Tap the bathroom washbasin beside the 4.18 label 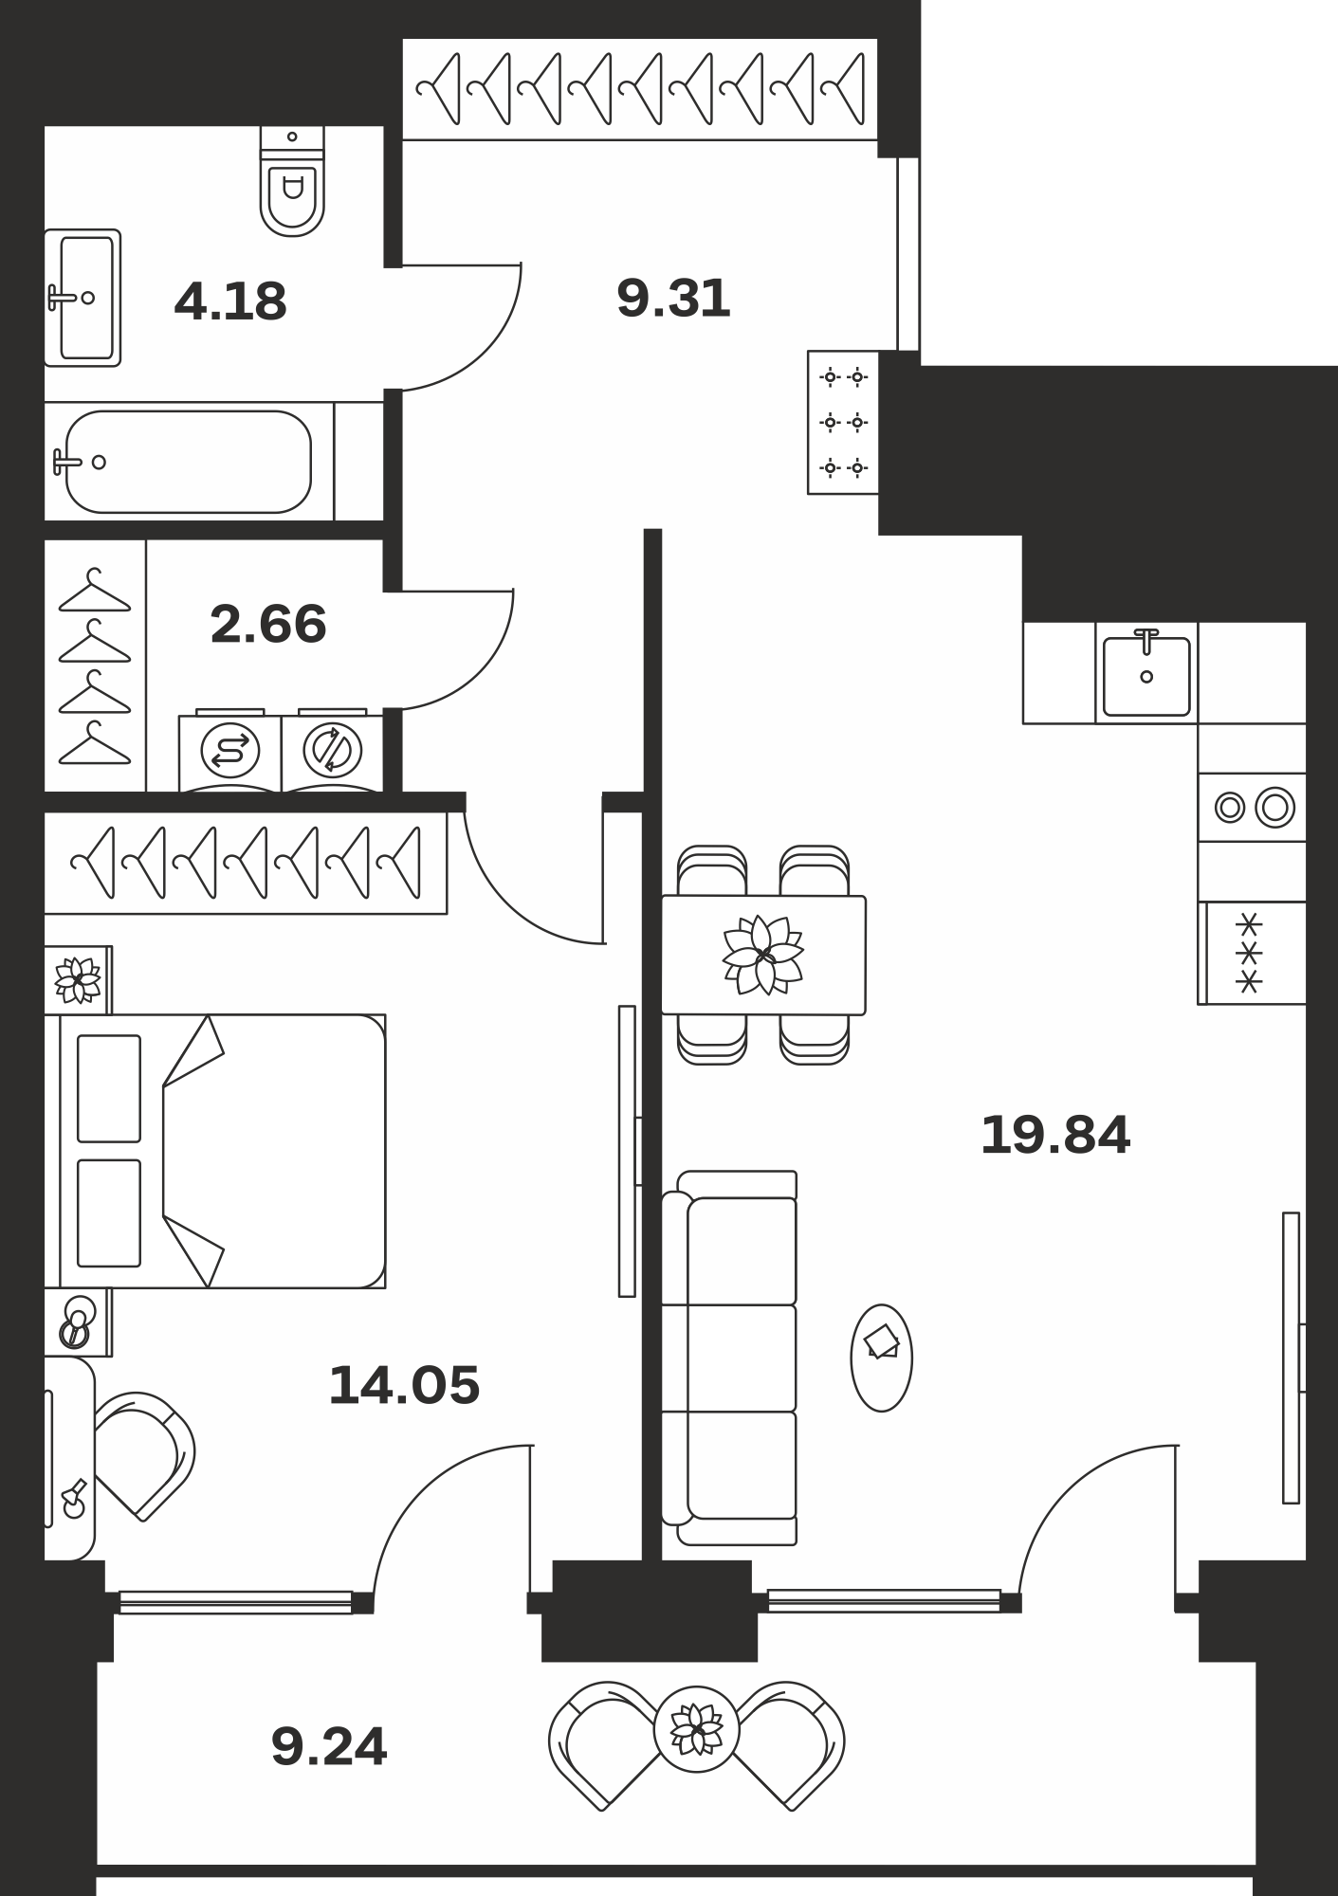(x=83, y=298)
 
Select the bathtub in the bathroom (x=189, y=462)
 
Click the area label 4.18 (x=230, y=301)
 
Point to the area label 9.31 (x=673, y=299)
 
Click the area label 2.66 (x=268, y=624)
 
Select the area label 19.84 (x=1055, y=1135)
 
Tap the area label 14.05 (x=404, y=1385)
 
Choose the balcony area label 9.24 (x=329, y=1746)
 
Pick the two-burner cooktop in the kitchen (x=1252, y=808)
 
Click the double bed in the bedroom (x=223, y=1151)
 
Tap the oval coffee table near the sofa (x=882, y=1358)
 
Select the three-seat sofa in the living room (x=729, y=1358)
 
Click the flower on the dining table (x=763, y=955)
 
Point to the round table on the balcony (x=697, y=1730)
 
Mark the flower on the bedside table (x=78, y=980)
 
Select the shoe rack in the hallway (x=843, y=422)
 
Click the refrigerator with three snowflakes (x=1252, y=953)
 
